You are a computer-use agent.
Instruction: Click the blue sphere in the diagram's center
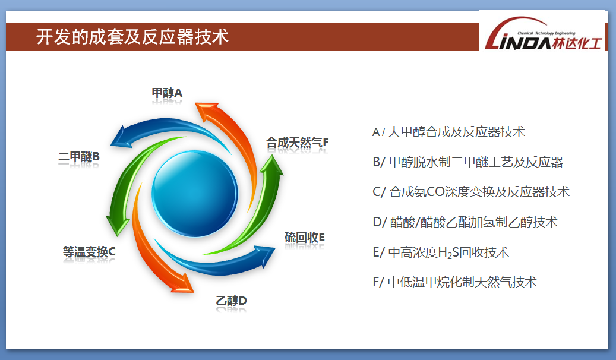195,194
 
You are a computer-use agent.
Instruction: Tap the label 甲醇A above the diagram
167,93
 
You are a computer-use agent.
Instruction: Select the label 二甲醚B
79,157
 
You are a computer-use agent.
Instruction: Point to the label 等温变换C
89,251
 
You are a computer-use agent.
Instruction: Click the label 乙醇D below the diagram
231,301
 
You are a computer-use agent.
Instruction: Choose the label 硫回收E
305,238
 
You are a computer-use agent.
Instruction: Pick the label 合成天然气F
298,142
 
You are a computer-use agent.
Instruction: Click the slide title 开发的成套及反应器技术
132,37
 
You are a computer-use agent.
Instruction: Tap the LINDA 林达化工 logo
544,34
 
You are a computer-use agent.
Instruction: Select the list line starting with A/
448,132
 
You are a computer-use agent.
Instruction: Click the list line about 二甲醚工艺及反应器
468,162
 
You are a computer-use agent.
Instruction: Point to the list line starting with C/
471,192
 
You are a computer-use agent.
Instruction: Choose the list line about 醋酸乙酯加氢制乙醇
465,222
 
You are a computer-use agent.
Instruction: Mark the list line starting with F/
454,282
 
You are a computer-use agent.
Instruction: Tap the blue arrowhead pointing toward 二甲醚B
119,138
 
